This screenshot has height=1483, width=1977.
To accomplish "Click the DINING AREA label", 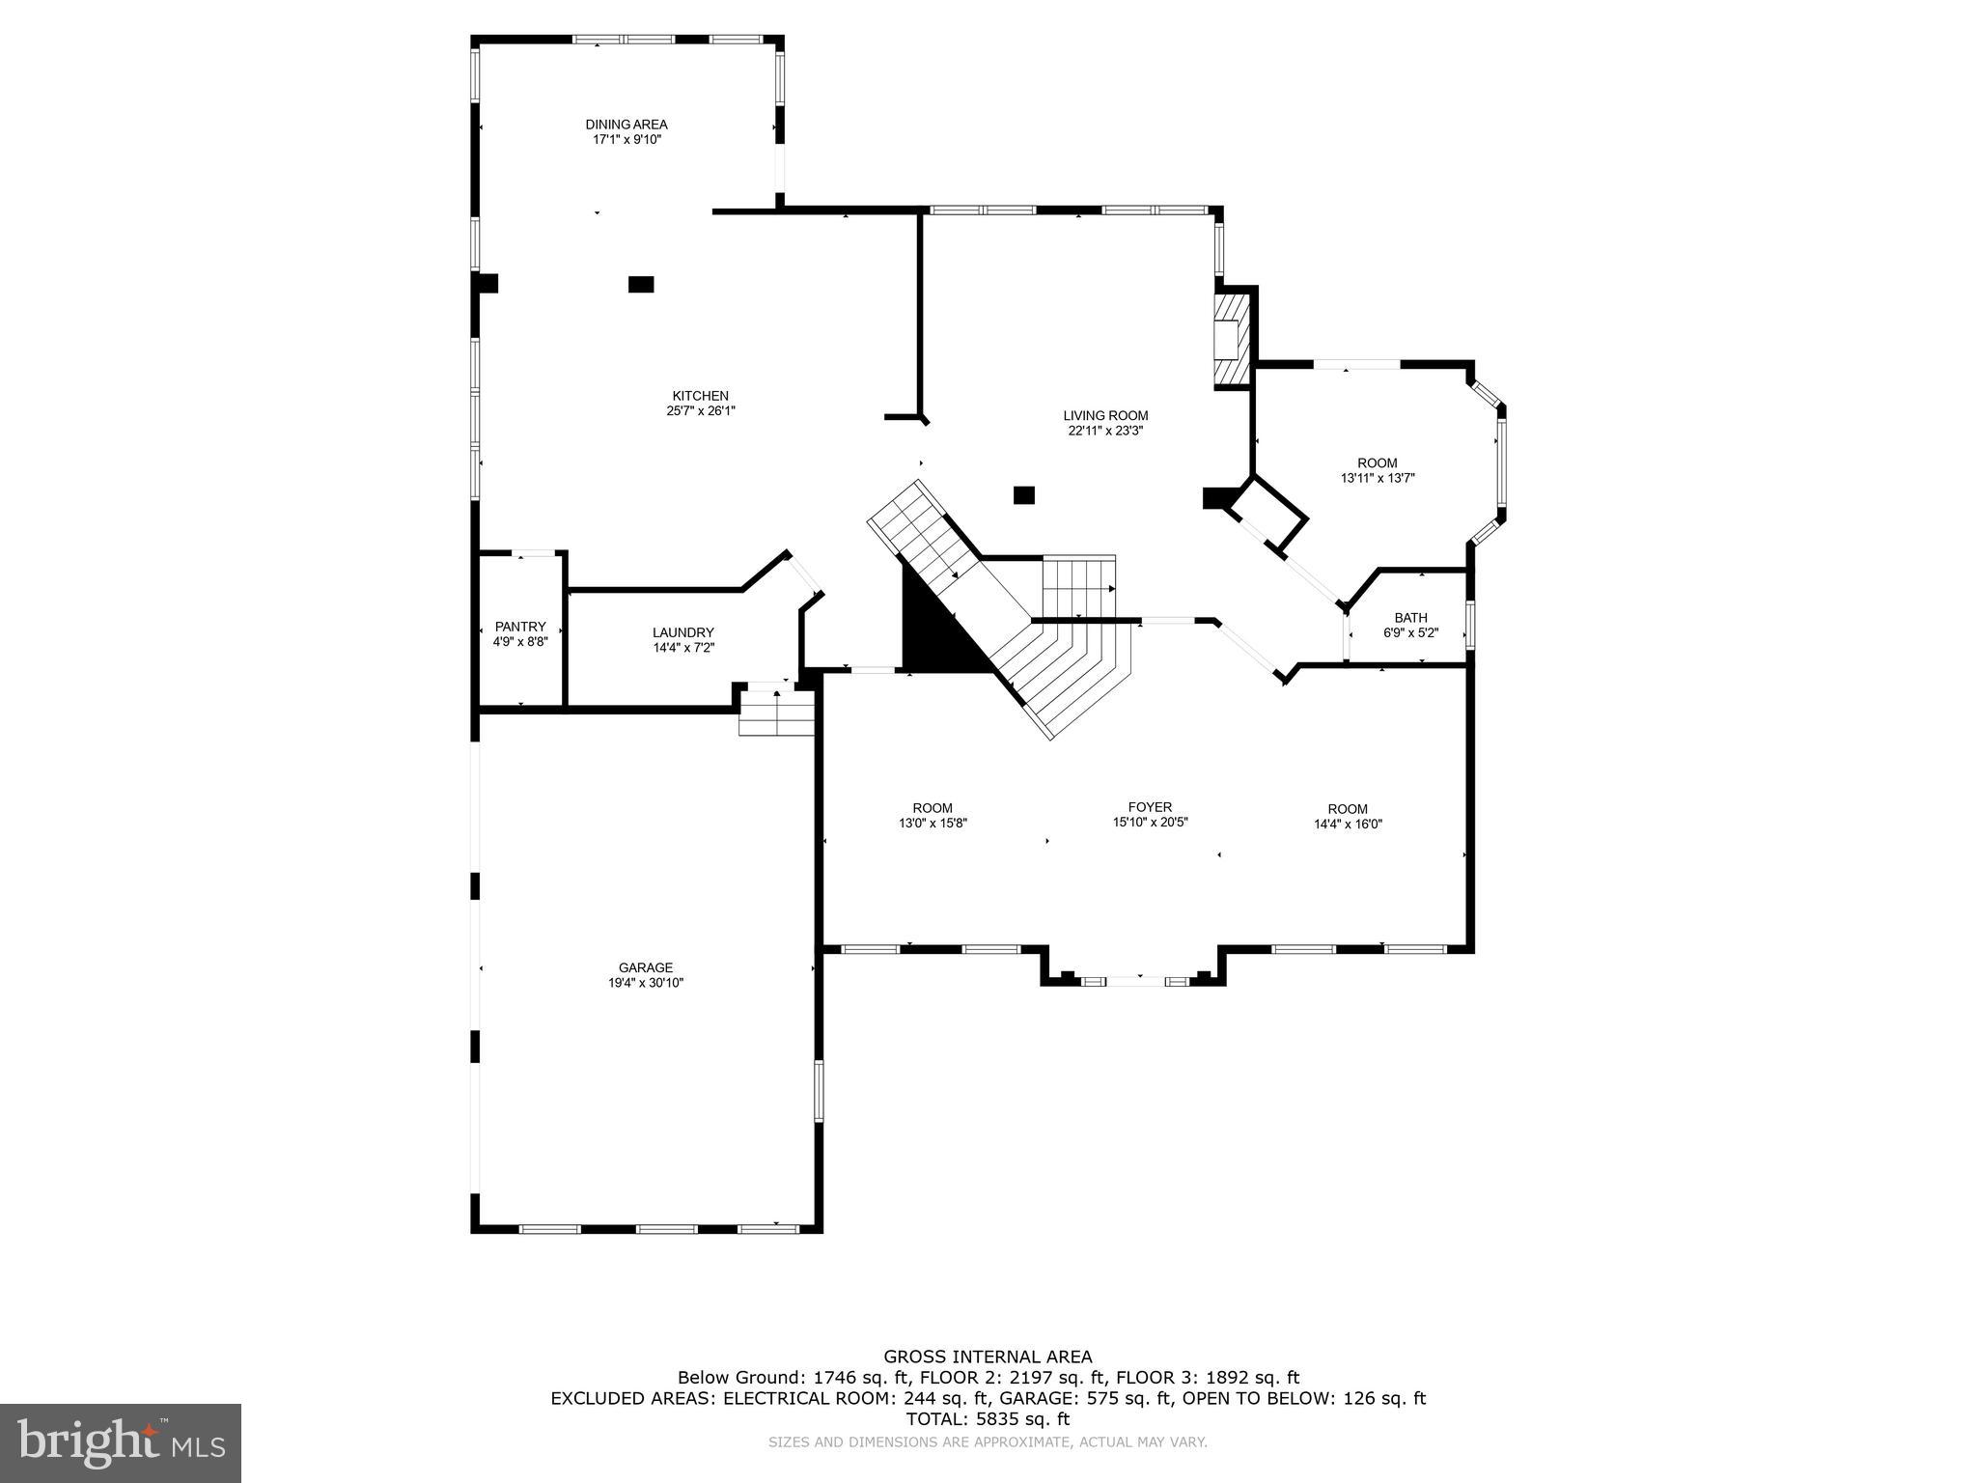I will pos(626,125).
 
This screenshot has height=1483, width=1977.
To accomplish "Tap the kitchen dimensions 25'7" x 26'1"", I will pos(700,410).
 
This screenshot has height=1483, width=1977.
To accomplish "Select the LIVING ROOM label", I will pos(1105,416).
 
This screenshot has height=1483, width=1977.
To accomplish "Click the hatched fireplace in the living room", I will pos(1230,339).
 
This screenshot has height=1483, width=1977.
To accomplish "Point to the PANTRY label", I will pos(520,627).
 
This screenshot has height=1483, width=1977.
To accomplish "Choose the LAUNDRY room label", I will pos(682,633).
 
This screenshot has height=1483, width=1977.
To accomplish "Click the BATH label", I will pos(1410,618).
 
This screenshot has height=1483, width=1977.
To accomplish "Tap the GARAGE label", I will pos(646,967).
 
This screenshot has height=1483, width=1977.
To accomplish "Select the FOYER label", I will pos(1150,807).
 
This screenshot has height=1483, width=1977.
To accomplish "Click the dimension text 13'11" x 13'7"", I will pos(1377,478).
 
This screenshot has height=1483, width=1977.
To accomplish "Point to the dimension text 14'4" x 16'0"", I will pos(1348,825).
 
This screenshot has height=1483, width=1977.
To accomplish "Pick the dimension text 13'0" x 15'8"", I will pos(933,824).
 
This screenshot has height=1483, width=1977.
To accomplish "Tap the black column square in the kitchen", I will pos(641,284).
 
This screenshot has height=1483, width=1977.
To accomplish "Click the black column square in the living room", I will pos(1023,495).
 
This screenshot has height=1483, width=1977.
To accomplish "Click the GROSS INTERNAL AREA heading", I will pos(988,1357).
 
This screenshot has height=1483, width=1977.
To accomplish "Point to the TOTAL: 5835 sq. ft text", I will pos(988,1419).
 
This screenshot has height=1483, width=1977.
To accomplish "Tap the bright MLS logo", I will pos(121,1443).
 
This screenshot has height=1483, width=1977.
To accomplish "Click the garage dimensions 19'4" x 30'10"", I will pos(646,983).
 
